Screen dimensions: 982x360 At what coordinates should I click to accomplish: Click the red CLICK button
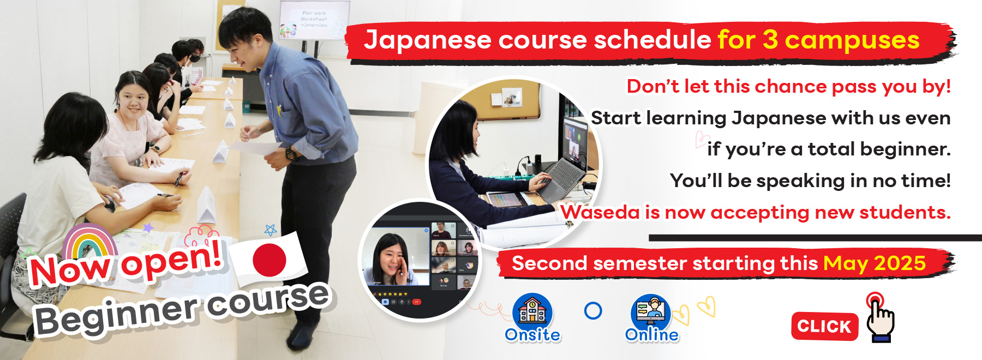(824, 326)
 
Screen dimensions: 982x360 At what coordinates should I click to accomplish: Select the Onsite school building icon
(532, 311)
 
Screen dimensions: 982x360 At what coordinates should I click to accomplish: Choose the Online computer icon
(651, 311)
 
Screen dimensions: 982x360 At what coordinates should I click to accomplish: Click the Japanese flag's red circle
(270, 259)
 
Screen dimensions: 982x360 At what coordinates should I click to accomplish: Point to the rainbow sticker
(89, 243)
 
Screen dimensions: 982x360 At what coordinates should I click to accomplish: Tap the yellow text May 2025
(875, 263)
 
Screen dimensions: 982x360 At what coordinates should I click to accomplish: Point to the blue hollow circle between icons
(593, 310)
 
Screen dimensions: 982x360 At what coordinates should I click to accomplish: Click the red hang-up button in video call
(417, 302)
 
